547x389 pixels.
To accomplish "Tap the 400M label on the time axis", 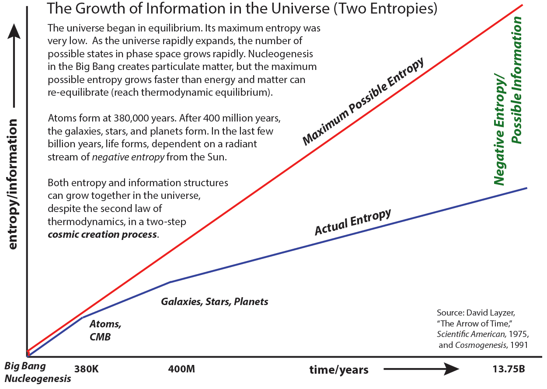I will [181, 369].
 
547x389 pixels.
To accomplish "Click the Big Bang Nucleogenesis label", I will [38, 372].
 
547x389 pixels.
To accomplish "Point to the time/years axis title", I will [339, 370].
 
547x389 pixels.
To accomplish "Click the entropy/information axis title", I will [14, 184].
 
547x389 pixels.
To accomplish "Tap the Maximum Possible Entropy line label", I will [363, 101].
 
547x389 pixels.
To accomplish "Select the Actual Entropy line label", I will [352, 222].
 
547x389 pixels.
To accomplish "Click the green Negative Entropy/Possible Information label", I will [508, 101].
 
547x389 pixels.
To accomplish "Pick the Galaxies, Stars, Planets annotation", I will [214, 302].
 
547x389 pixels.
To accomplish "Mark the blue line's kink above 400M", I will [170, 282].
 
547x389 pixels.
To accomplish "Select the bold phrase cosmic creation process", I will [102, 234].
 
